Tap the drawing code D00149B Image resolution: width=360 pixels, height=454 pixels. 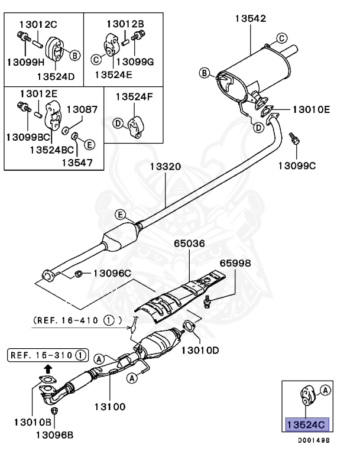coord(313,440)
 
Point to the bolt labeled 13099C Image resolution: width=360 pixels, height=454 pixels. coord(295,140)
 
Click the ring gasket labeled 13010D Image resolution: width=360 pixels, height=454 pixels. coord(189,326)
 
